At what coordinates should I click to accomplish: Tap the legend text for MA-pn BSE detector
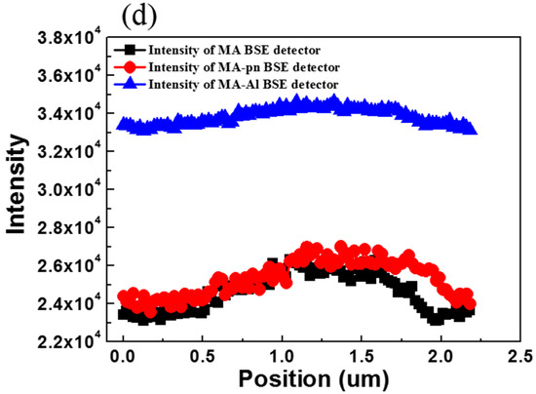(249, 66)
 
